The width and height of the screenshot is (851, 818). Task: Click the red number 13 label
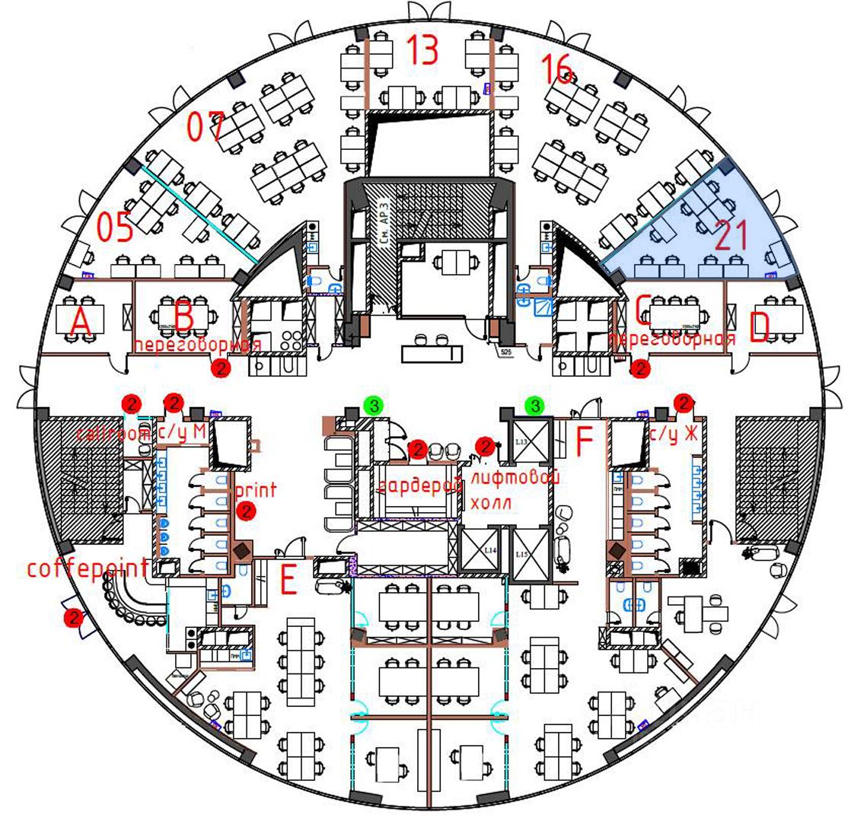tap(422, 50)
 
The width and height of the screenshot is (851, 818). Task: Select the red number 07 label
tap(206, 126)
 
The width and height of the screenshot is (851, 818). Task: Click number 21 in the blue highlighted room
tap(733, 237)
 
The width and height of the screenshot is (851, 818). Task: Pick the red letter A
tap(81, 323)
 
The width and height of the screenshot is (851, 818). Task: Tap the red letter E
tap(288, 581)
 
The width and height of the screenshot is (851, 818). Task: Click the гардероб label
tap(419, 485)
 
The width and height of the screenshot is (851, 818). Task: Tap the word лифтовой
tap(515, 479)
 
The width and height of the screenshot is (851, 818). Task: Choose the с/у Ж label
tap(674, 434)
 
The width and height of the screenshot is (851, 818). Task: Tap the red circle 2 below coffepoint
tap(73, 618)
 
